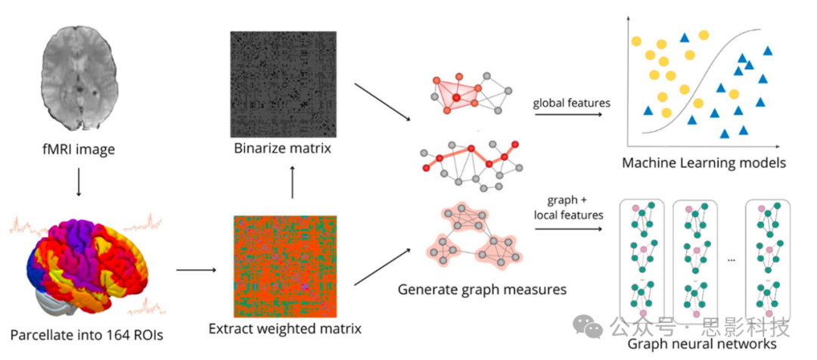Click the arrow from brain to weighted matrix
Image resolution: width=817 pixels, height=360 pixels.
pyautogui.click(x=197, y=268)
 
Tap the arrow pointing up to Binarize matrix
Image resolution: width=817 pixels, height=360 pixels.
pyautogui.click(x=292, y=184)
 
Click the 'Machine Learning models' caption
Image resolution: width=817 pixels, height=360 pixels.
pyautogui.click(x=704, y=163)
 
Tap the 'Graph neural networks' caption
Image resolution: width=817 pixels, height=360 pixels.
pyautogui.click(x=703, y=344)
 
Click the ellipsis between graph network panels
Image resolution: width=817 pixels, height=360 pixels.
pyautogui.click(x=732, y=259)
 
